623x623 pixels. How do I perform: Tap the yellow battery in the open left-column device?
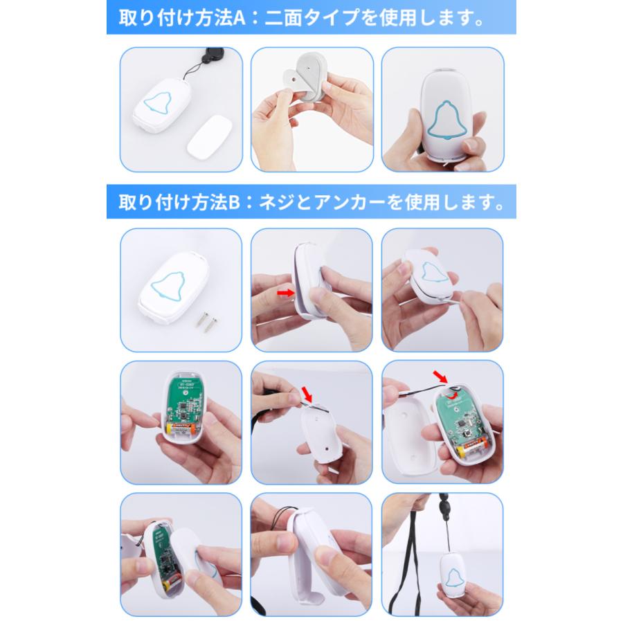coord(183,429)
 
